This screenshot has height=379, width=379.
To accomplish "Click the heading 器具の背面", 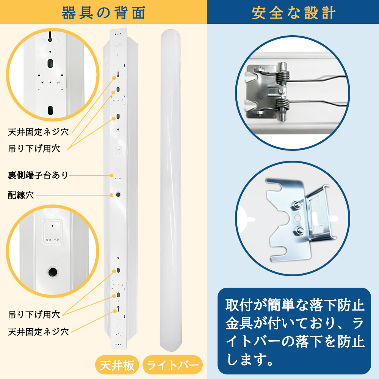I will point(103,13).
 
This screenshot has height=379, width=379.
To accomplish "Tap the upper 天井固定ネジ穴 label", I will point(38,132).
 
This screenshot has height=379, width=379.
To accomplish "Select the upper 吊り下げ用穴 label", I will point(34,148).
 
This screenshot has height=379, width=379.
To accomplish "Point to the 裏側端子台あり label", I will point(38,175).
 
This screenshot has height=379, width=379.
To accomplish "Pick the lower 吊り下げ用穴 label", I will point(34,314).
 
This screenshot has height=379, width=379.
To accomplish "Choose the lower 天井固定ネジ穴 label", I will point(38,332).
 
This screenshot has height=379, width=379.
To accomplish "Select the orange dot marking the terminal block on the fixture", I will point(112,175).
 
